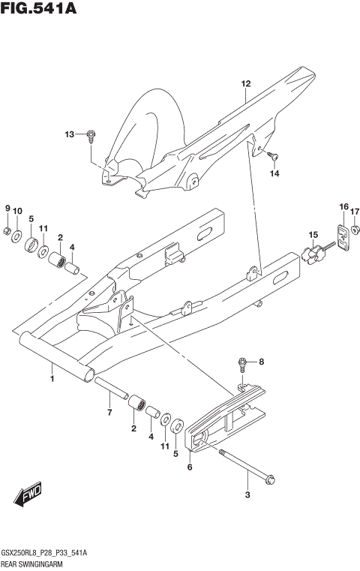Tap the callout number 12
(244, 84)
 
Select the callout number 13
(70, 135)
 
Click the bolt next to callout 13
(91, 136)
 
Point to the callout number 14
(274, 174)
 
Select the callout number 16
(343, 206)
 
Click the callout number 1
(52, 379)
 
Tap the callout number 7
(109, 413)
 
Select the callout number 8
(262, 362)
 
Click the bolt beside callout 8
(242, 365)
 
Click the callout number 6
(190, 467)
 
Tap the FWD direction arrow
(28, 495)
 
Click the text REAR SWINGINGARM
(34, 563)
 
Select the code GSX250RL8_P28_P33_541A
(44, 552)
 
